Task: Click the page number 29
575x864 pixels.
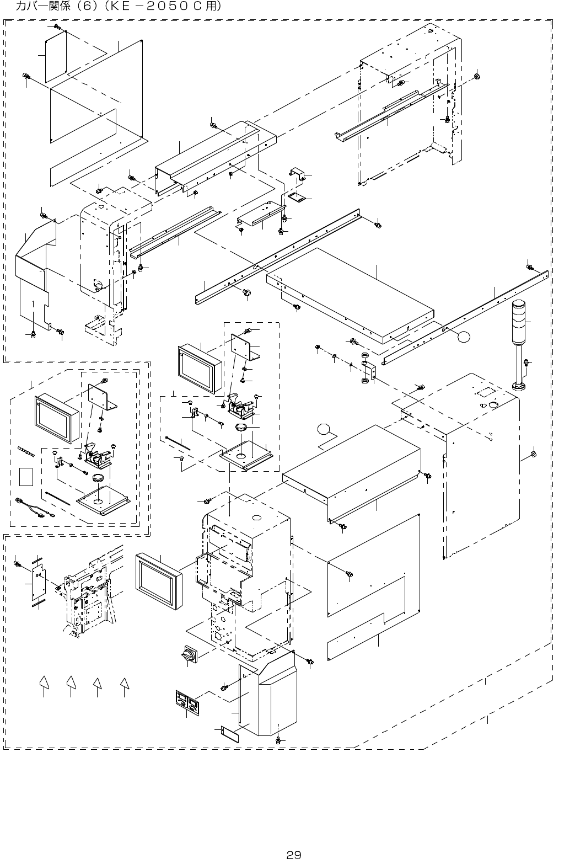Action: coord(294,855)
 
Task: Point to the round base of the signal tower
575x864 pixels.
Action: coord(519,386)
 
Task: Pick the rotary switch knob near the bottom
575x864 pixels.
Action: coord(190,654)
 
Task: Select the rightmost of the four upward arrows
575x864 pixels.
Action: coord(124,683)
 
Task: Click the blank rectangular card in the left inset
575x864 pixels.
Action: coord(26,477)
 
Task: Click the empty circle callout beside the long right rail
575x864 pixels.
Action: coord(464,337)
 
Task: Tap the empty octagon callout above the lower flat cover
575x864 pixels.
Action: coord(324,429)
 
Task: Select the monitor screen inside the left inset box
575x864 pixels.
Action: coord(57,419)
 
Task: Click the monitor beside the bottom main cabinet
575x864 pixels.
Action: coord(159,581)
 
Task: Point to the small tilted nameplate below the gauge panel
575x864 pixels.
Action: coord(230,734)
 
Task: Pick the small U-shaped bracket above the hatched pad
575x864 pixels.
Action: coord(297,174)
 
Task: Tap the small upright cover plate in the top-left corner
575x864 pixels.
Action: coord(56,56)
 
